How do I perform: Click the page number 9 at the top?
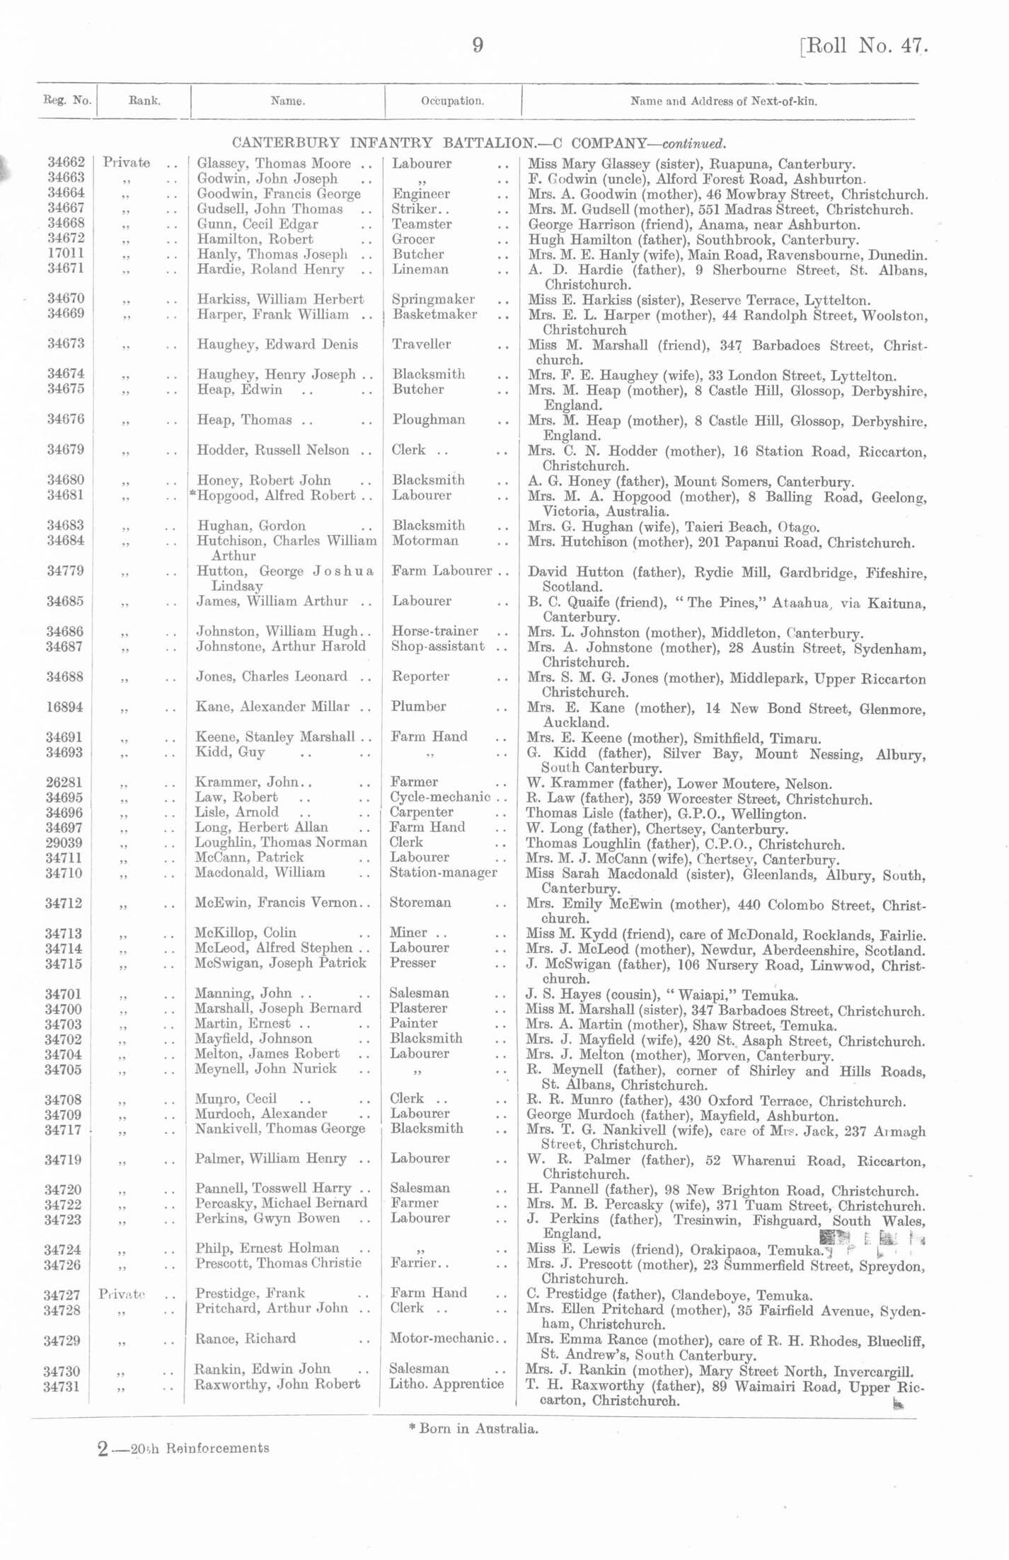[x=478, y=45]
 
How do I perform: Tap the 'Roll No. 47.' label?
[x=864, y=46]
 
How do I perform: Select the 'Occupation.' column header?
[x=453, y=100]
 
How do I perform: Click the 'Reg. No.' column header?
[x=67, y=100]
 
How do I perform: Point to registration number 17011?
[x=66, y=254]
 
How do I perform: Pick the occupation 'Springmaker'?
[x=433, y=299]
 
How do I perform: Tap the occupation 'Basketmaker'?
[x=434, y=314]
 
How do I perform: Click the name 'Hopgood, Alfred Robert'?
[x=276, y=495]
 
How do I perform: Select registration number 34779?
[x=65, y=571]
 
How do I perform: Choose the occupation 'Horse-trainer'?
[x=434, y=630]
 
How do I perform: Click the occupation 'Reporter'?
[x=420, y=676]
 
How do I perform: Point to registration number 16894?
[x=65, y=707]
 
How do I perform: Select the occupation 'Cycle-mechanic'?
[x=439, y=797]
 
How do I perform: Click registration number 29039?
[x=64, y=842]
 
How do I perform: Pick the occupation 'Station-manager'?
[x=443, y=872]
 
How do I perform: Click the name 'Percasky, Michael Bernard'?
[x=281, y=1203]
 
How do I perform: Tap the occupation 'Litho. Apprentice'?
[x=446, y=1384]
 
